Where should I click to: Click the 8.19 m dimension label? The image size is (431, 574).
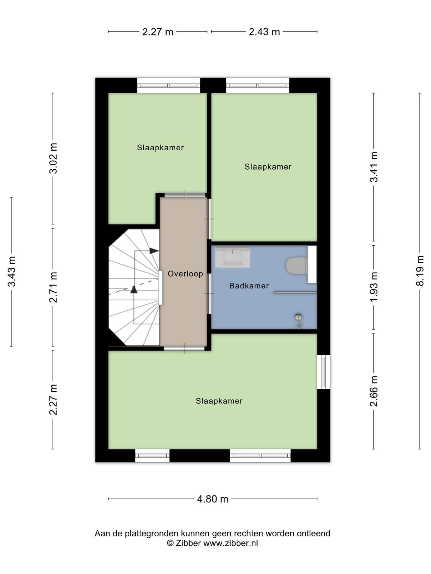[420, 270]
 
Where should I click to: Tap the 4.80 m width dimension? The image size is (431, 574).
[213, 499]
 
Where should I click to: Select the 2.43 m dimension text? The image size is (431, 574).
[264, 32]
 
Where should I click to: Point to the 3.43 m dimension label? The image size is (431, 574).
[11, 272]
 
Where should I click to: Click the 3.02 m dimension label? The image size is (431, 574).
[53, 159]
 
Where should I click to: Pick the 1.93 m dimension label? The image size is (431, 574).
[374, 287]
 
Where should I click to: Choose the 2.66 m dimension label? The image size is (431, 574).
[374, 391]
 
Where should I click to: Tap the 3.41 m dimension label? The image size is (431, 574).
[374, 167]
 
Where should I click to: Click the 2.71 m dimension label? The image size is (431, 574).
[53, 287]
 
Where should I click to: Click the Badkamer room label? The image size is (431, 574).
[249, 286]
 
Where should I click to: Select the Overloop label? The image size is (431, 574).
[185, 273]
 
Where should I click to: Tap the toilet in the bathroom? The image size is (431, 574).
[297, 266]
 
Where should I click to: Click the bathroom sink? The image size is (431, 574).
[232, 257]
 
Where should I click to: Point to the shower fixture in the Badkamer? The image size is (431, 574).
[298, 320]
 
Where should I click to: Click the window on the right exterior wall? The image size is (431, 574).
[324, 372]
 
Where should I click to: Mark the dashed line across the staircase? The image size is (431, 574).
[134, 287]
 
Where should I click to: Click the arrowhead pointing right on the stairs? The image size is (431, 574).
[154, 251]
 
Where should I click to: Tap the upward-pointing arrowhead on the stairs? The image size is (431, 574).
[134, 290]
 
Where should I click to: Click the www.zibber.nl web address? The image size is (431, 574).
[231, 543]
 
